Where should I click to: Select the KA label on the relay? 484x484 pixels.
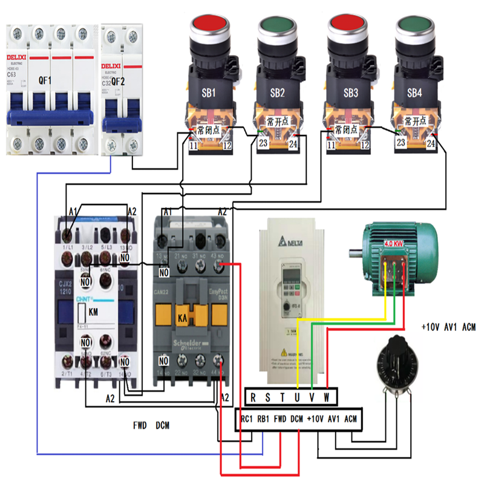pyautogui.click(x=181, y=316)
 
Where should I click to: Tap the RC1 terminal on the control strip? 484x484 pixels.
pyautogui.click(x=247, y=419)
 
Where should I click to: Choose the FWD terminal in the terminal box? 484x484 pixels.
pyautogui.click(x=280, y=419)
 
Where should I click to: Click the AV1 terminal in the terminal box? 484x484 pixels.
pyautogui.click(x=333, y=419)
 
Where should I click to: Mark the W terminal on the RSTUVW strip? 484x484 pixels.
pyautogui.click(x=326, y=397)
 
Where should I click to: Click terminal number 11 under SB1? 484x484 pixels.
pyautogui.click(x=193, y=145)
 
